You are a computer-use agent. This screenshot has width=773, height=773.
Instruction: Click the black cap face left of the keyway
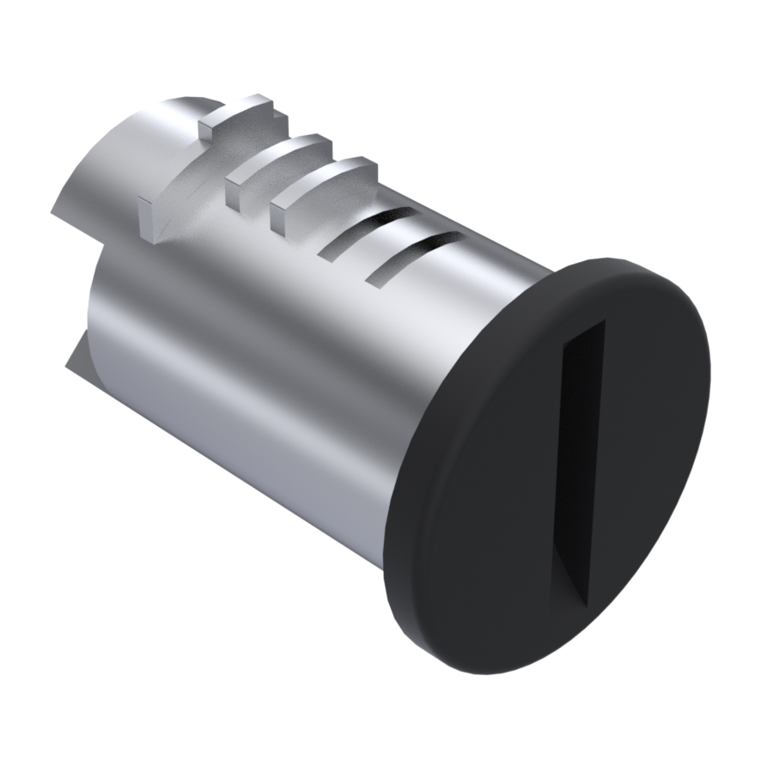(x=481, y=481)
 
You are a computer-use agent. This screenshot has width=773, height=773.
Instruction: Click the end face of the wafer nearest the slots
(x=278, y=216)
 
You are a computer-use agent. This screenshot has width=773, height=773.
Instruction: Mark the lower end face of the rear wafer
(x=149, y=219)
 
